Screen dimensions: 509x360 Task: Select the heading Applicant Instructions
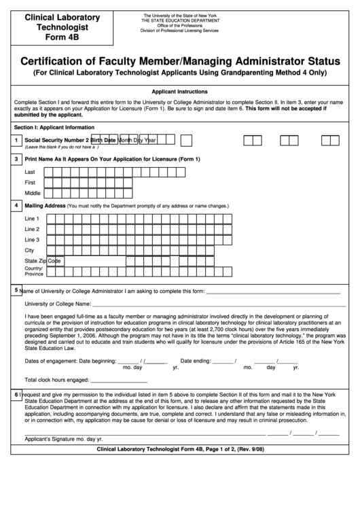click(179, 91)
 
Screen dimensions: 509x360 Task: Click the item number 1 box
click(16, 141)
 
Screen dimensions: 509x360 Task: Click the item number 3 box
click(16, 159)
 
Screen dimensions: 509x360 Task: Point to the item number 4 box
click(16, 205)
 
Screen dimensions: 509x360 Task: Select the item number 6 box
click(16, 395)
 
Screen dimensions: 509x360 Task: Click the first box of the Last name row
click(49, 173)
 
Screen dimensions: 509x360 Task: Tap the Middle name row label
click(33, 193)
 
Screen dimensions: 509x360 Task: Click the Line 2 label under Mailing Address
click(32, 229)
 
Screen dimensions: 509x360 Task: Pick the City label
click(29, 250)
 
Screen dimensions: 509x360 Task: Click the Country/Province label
click(34, 271)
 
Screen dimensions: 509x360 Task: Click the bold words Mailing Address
click(45, 205)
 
